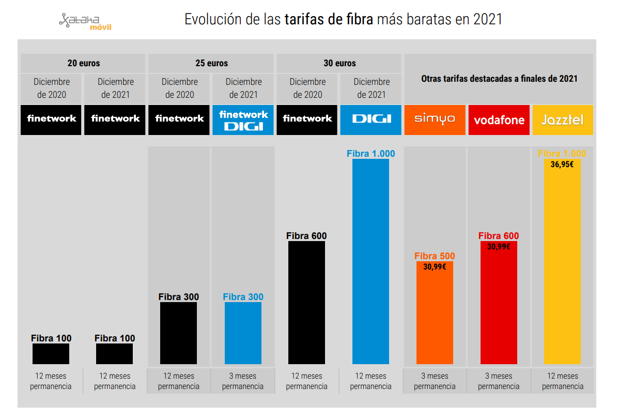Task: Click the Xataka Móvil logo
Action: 85,21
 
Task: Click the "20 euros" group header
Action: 83,63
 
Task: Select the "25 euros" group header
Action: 211,63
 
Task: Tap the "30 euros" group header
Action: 339,63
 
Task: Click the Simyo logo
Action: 435,119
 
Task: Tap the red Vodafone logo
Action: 499,120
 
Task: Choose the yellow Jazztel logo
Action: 562,120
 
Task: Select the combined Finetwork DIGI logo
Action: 243,120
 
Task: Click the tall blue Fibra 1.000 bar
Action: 370,261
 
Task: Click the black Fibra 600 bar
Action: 307,303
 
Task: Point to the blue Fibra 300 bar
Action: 243,333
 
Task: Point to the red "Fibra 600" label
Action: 499,236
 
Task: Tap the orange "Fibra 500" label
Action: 435,256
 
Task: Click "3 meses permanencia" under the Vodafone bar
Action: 499,381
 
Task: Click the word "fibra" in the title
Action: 358,20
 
